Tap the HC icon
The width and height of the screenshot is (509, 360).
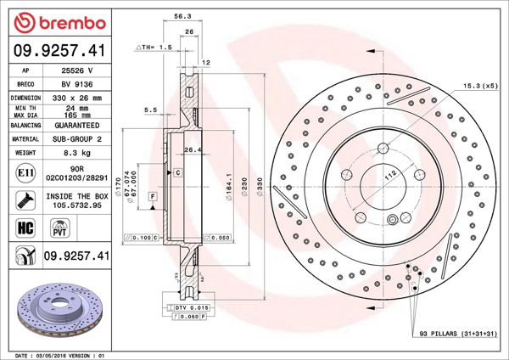pos(25,227)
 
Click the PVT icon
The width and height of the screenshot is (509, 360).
pos(60,227)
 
